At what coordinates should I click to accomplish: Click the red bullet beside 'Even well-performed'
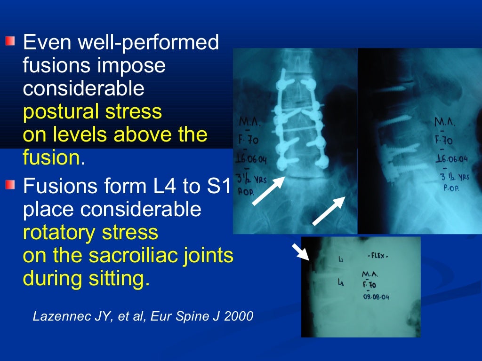10,42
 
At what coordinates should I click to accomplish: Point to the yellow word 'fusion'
51,158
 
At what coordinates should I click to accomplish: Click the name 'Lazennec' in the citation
56,316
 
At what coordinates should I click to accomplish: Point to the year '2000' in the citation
239,316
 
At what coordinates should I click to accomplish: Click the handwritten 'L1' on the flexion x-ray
341,259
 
